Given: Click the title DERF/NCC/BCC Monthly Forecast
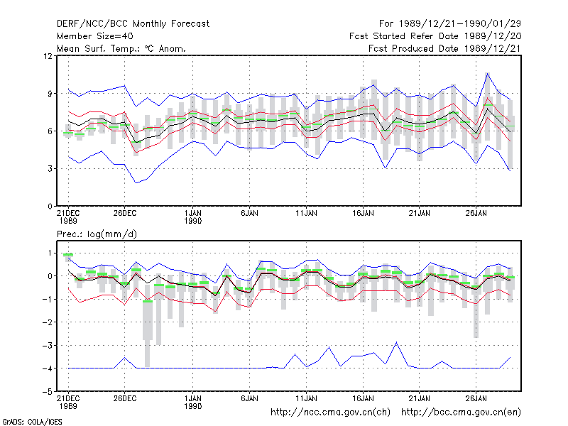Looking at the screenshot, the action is click(x=133, y=24).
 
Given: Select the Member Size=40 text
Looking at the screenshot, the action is click(x=95, y=36).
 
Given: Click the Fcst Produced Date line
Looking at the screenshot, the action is click(x=444, y=48).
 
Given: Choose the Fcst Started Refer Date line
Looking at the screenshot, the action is click(x=435, y=36).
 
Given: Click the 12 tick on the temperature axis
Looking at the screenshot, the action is click(x=48, y=56).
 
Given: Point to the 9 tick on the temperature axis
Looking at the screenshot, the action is click(x=50, y=94).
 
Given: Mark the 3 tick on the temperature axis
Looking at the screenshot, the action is click(x=50, y=169).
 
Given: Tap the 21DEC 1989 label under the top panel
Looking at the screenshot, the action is click(x=68, y=217).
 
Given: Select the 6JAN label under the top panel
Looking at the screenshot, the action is click(x=250, y=214).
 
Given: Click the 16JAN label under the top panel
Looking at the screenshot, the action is click(x=363, y=214).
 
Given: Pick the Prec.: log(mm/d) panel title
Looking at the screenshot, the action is click(x=97, y=234).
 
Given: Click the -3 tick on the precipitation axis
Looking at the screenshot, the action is click(x=48, y=345).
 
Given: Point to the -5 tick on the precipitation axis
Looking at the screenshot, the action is click(x=48, y=392).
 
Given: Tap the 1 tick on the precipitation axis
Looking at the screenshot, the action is click(x=50, y=253).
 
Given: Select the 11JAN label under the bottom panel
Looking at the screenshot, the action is click(x=307, y=398).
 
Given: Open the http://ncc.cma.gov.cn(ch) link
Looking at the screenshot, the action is click(x=330, y=413).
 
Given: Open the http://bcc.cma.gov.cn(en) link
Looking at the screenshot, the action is click(x=461, y=413).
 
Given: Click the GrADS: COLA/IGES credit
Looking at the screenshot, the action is click(x=32, y=422).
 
